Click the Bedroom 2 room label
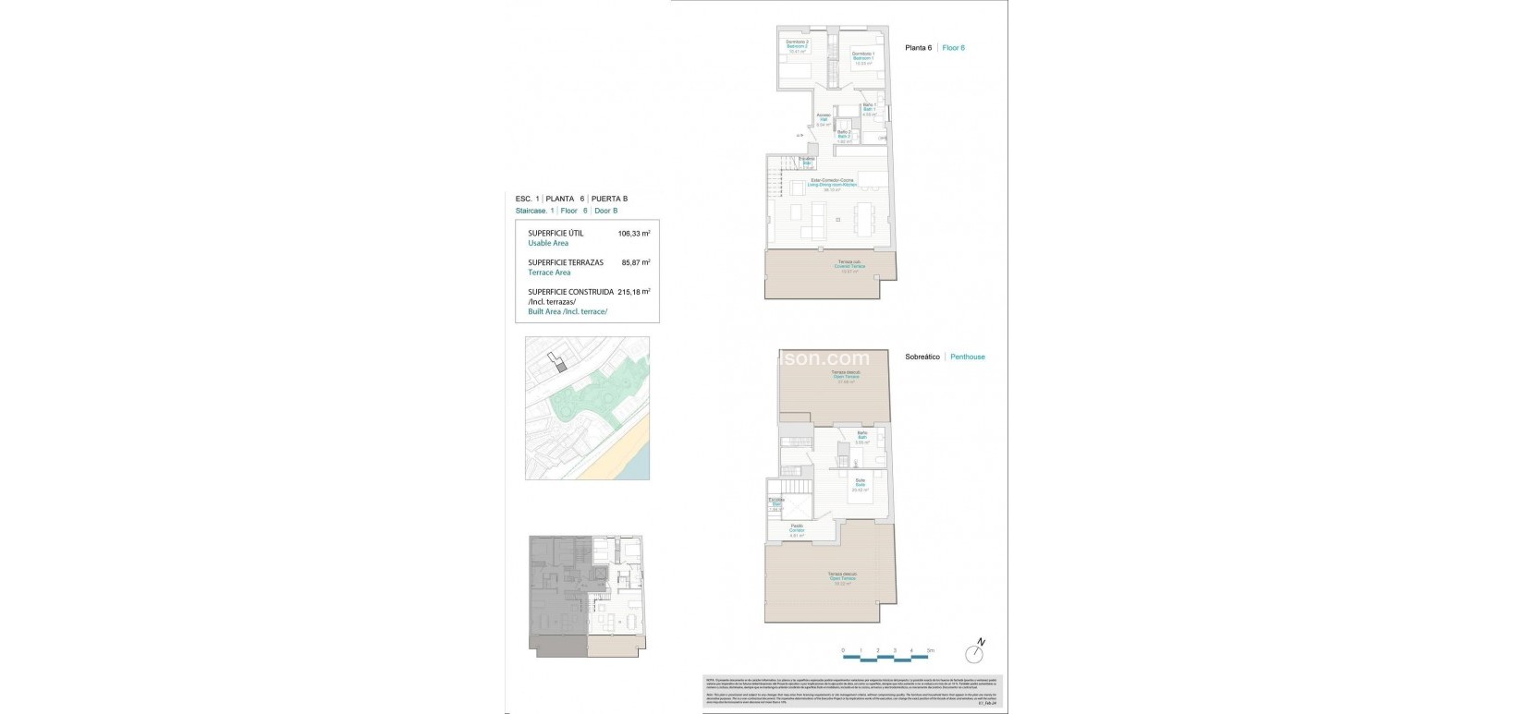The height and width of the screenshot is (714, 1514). (x=797, y=46)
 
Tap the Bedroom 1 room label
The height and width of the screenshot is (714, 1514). (x=863, y=58)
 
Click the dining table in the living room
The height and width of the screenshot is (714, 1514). (x=868, y=219)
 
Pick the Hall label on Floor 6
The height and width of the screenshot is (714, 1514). (x=823, y=119)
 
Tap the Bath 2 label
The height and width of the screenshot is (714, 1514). (x=844, y=137)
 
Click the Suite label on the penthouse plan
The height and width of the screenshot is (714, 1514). (x=860, y=484)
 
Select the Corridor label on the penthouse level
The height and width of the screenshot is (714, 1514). (x=797, y=530)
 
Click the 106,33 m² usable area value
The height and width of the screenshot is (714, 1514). (x=634, y=234)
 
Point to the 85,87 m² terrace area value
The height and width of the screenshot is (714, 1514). (x=636, y=262)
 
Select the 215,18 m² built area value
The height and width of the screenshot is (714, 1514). (x=634, y=291)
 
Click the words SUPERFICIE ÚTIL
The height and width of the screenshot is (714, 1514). (x=556, y=234)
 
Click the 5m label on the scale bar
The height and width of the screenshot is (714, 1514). (x=931, y=651)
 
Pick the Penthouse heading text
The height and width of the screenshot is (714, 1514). (x=968, y=357)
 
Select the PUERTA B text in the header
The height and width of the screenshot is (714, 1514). (x=610, y=199)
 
